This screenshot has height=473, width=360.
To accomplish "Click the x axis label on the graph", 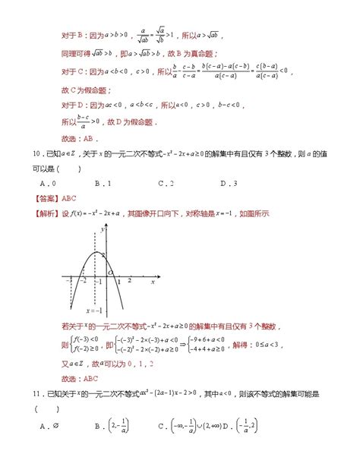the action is coord(153,282).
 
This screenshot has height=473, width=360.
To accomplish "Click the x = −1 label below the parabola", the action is coord(93,310).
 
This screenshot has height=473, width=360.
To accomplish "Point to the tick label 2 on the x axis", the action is coord(130,280).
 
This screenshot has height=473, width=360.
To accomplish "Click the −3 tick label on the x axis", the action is coord(69,280).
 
